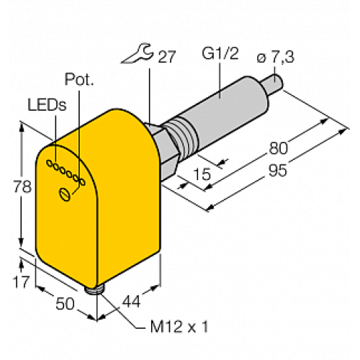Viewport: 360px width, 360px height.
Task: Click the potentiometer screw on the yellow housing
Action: tap(65, 192)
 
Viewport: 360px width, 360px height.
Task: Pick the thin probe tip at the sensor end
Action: tap(276, 81)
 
